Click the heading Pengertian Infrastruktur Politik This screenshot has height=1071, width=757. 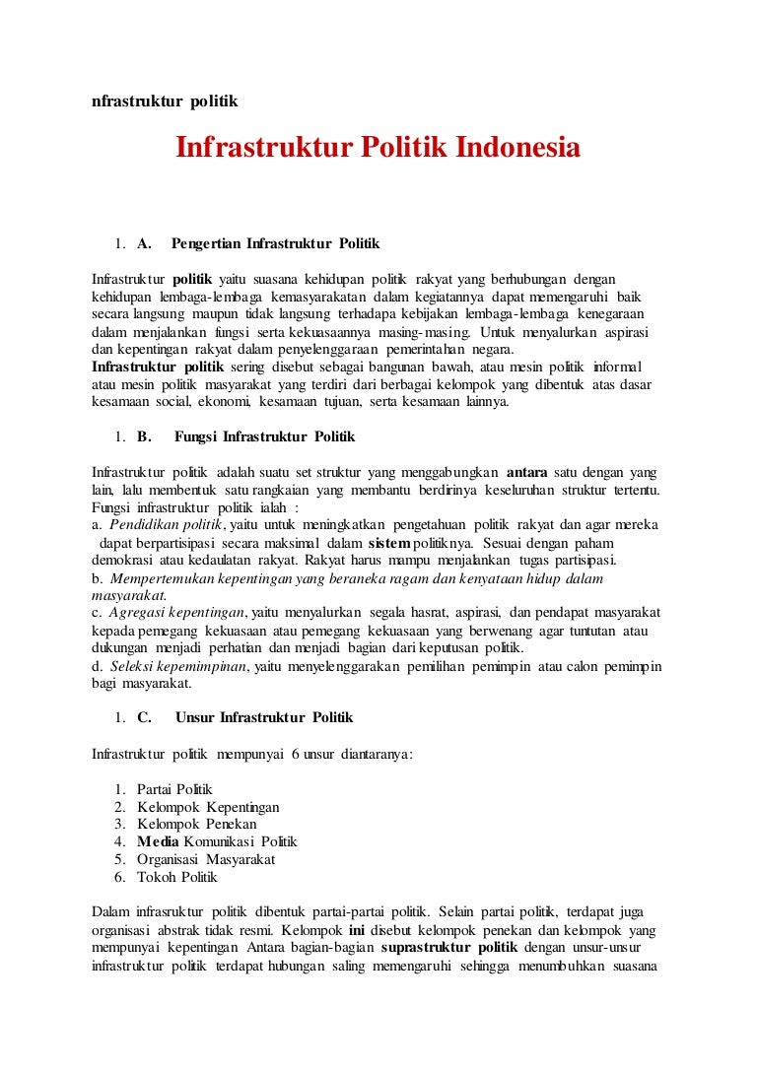pyautogui.click(x=275, y=243)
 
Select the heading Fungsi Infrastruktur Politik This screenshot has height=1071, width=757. pyautogui.click(x=264, y=436)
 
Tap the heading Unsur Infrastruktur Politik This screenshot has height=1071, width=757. pyautogui.click(x=263, y=718)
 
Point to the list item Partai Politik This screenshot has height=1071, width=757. pyautogui.click(x=174, y=789)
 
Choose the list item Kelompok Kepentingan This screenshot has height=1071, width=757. pyautogui.click(x=208, y=807)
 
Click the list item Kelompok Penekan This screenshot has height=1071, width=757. pyautogui.click(x=197, y=824)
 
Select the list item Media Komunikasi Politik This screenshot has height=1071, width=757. pyautogui.click(x=217, y=841)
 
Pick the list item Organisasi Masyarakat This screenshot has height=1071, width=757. pyautogui.click(x=206, y=859)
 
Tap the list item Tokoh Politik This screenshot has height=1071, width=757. pyautogui.click(x=177, y=877)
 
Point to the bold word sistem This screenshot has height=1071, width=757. pyautogui.click(x=388, y=543)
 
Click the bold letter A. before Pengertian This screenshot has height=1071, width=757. pyautogui.click(x=144, y=243)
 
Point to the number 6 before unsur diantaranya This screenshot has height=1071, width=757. pyautogui.click(x=295, y=755)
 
